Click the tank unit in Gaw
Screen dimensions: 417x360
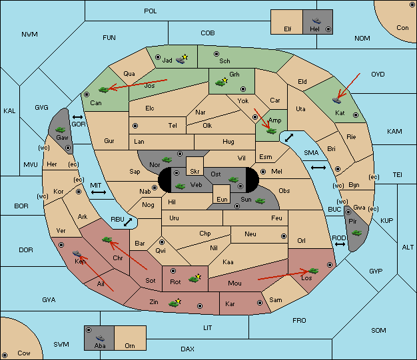click(x=61, y=130)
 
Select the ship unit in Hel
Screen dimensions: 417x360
click(x=316, y=21)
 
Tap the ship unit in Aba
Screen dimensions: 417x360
click(x=100, y=338)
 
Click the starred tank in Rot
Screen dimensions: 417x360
click(x=195, y=278)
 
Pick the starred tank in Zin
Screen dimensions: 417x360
click(x=175, y=303)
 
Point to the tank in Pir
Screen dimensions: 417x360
click(x=356, y=233)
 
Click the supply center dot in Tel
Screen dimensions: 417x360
click(x=135, y=126)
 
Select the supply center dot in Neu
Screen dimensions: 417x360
click(x=284, y=236)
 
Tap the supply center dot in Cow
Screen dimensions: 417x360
click(x=5, y=355)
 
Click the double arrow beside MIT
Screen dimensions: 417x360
click(x=99, y=192)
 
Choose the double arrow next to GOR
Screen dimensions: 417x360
click(x=78, y=117)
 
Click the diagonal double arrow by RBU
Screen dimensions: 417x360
click(x=128, y=222)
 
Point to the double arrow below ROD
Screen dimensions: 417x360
click(x=340, y=244)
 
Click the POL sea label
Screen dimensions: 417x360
click(x=151, y=11)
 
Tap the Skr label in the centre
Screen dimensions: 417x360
click(x=195, y=172)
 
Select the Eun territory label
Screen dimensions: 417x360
click(x=222, y=199)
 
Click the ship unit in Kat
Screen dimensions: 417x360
click(x=336, y=100)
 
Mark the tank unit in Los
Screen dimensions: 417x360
click(x=313, y=271)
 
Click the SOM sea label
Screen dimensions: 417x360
click(x=378, y=330)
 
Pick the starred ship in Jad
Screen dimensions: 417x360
click(x=182, y=59)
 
